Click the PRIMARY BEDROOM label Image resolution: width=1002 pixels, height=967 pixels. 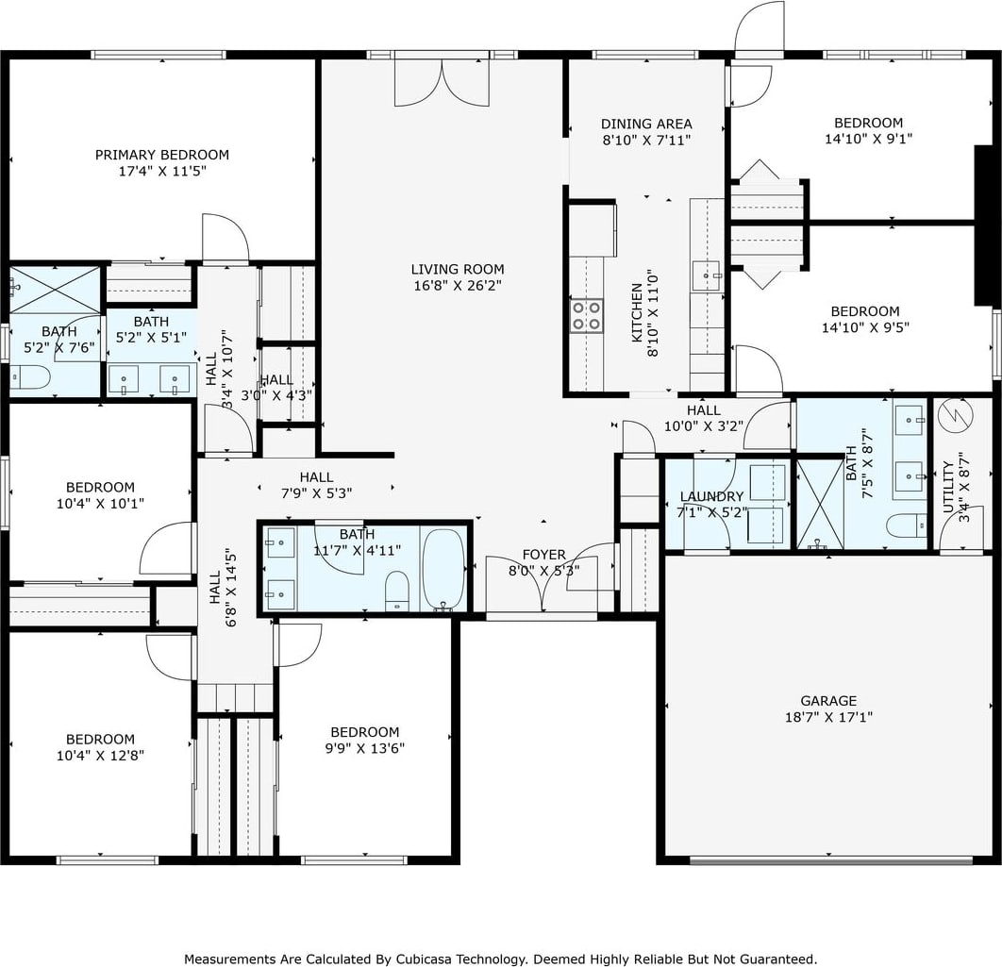[x=161, y=155]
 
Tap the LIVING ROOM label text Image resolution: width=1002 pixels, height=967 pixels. [x=458, y=269]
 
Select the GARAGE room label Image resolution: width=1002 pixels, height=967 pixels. [x=828, y=700]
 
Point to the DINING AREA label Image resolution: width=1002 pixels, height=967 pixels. [x=646, y=124]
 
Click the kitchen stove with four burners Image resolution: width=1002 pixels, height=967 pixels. [x=587, y=316]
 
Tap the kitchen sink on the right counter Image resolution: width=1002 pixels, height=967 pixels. [x=706, y=275]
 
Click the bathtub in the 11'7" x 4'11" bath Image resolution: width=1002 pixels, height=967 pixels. [x=443, y=569]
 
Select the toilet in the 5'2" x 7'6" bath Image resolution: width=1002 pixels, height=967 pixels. [x=29, y=377]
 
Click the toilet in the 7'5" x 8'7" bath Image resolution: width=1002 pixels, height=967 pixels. [x=906, y=525]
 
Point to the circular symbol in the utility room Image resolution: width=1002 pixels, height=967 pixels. [x=956, y=416]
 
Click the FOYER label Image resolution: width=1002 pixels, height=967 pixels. [x=543, y=554]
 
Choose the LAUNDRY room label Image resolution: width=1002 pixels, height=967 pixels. [x=712, y=496]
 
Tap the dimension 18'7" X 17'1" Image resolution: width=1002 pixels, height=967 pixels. [x=828, y=717]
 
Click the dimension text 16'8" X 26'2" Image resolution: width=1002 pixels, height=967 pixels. [x=458, y=286]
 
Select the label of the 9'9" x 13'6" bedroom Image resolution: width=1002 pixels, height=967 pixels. [x=365, y=732]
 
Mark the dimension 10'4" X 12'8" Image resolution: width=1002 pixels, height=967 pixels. [x=100, y=756]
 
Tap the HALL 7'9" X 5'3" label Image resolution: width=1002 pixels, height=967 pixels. [x=316, y=485]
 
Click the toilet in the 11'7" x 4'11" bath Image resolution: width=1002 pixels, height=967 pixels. [x=397, y=591]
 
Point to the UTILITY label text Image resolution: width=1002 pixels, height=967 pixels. [x=947, y=487]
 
